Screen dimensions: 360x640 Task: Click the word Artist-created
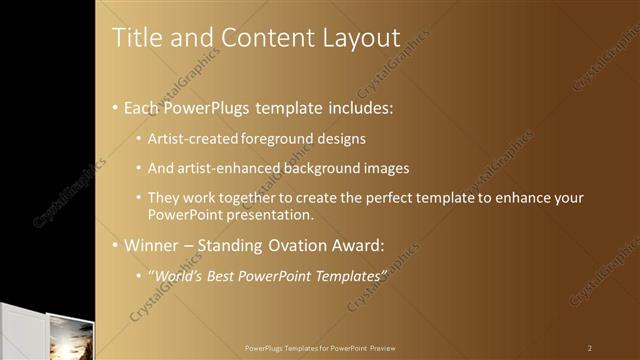tap(191, 138)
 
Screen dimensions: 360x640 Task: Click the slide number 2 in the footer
tap(589, 347)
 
